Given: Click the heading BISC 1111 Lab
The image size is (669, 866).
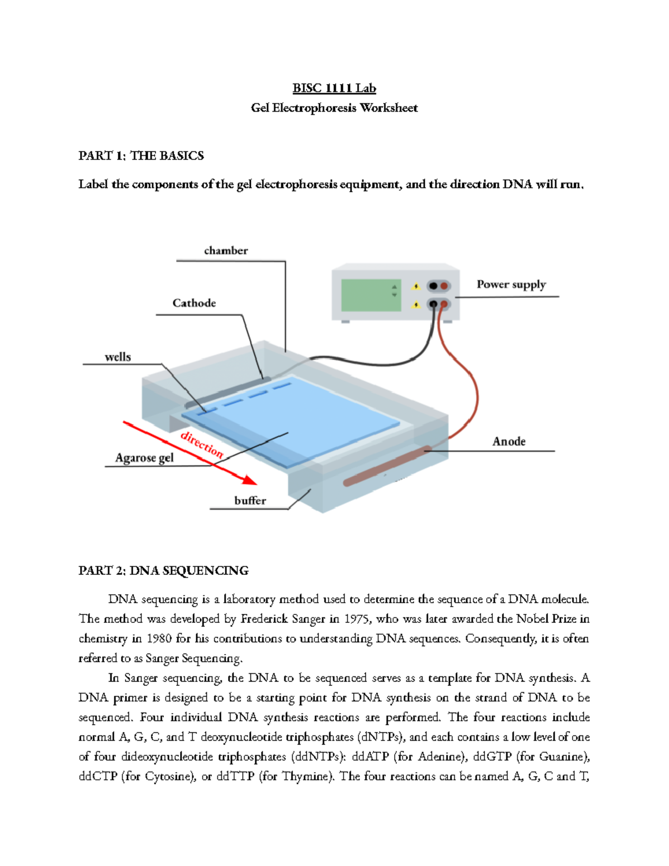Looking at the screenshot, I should click(x=334, y=88).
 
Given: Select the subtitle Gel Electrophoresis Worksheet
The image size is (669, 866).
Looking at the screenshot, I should click(x=334, y=108).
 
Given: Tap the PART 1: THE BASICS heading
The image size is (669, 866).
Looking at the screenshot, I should click(x=141, y=156).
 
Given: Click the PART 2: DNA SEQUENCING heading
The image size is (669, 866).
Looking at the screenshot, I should click(x=163, y=570).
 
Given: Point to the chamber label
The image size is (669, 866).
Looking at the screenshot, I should click(x=226, y=251).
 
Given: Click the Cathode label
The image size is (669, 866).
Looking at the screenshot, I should click(x=194, y=303).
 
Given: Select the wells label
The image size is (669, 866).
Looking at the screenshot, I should click(x=118, y=357).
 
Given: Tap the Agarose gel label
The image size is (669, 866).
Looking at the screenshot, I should click(x=144, y=458).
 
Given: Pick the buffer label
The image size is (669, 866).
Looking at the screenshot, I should click(x=250, y=500).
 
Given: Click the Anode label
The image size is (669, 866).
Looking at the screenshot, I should click(x=508, y=441).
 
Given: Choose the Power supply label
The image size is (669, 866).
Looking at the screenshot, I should click(x=511, y=284).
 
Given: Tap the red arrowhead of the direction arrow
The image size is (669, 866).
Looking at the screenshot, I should click(x=248, y=480).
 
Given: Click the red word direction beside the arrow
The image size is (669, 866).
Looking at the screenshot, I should click(x=202, y=444).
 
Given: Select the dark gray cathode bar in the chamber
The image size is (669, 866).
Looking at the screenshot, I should click(x=229, y=393).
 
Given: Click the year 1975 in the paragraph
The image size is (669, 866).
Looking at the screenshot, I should click(x=357, y=618).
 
